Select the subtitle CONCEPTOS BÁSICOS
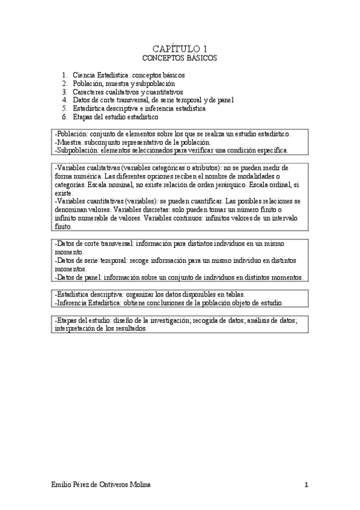pos(179,58)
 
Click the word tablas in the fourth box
pos(271,295)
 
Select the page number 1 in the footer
pos(307,485)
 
